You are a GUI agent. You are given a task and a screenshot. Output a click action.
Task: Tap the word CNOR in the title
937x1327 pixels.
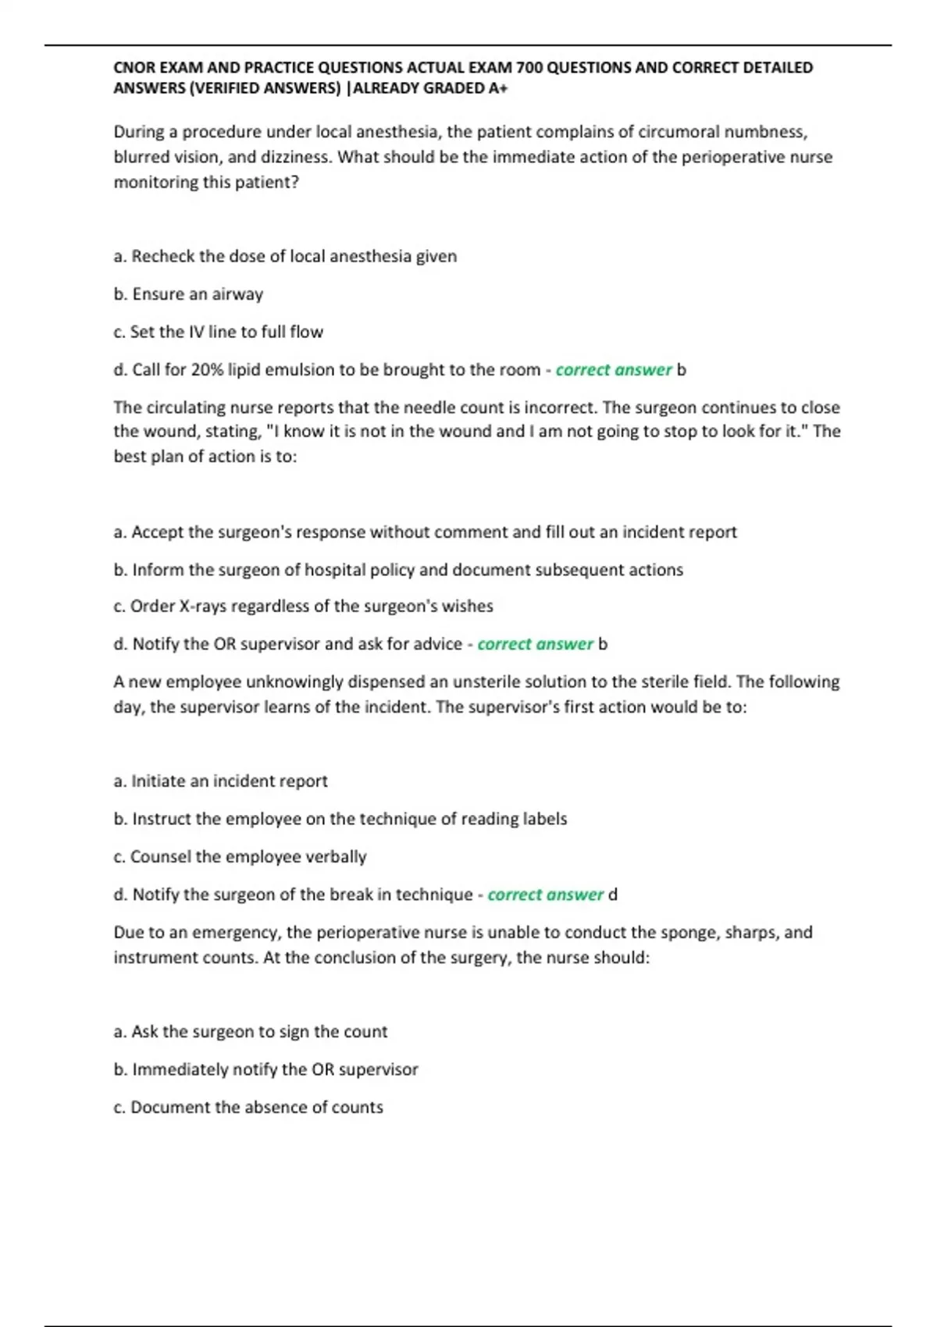pos(134,68)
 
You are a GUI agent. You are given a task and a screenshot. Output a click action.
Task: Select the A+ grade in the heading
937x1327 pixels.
pos(497,88)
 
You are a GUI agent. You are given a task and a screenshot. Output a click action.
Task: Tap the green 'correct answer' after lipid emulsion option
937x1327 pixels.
pos(613,370)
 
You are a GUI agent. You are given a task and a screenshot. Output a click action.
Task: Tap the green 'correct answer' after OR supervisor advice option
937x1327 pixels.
pos(535,644)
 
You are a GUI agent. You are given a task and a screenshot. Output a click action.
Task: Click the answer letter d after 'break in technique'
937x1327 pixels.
pos(613,895)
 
